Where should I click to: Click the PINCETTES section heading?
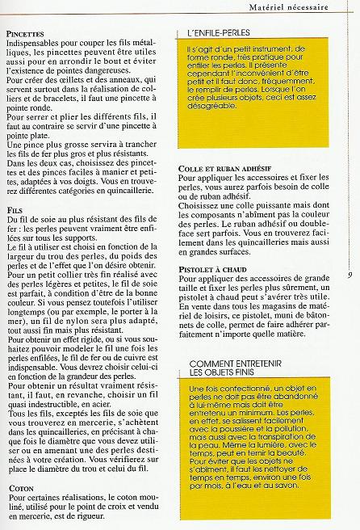[x=24, y=34]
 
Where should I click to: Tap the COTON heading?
[x=19, y=489]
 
